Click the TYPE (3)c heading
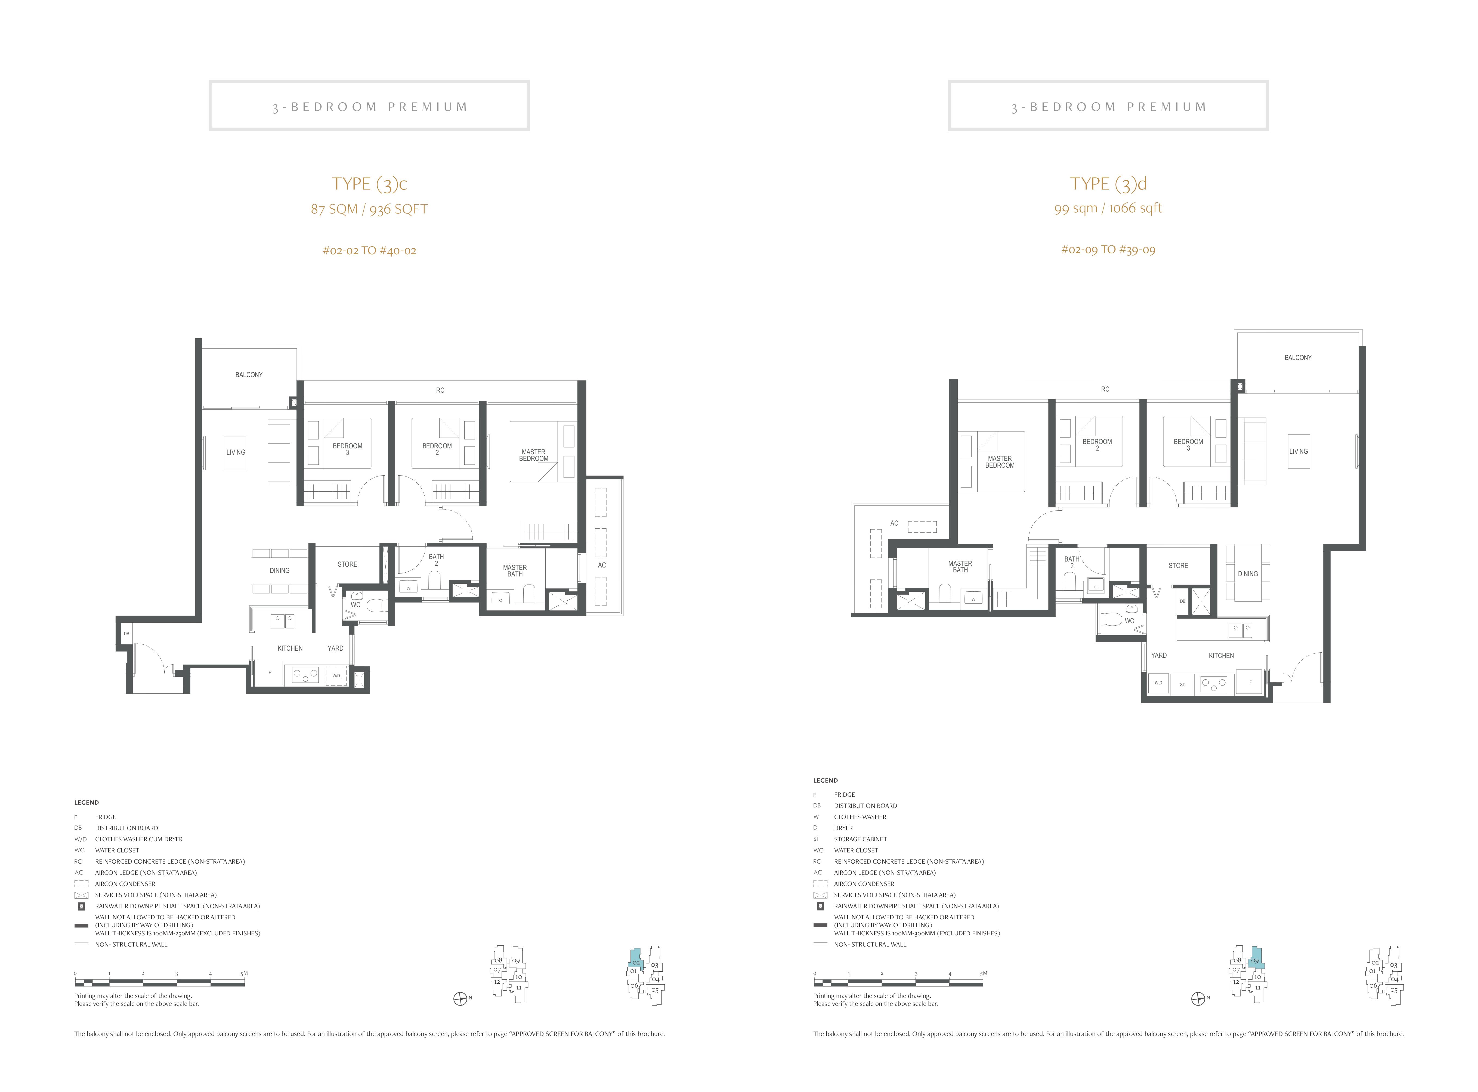pos(369,184)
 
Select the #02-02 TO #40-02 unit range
pos(369,250)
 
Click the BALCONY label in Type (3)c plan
pos(249,375)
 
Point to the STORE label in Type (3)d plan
pos(1178,566)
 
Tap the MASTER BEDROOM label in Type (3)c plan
pos(534,455)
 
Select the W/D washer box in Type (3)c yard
pos(336,675)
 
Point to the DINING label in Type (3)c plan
pos(279,570)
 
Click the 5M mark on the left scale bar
pos(245,973)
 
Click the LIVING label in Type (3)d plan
pos(1298,451)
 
